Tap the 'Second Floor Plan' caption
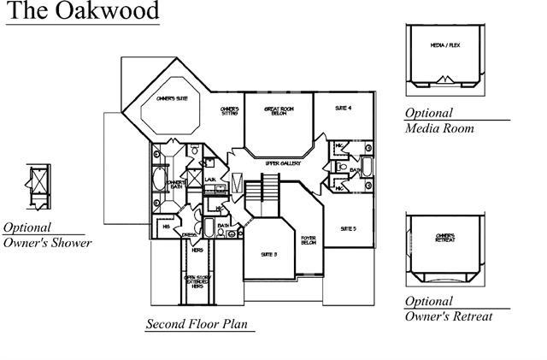pyautogui.click(x=200, y=324)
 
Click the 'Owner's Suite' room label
pyautogui.click(x=171, y=100)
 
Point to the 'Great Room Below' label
pyautogui.click(x=278, y=111)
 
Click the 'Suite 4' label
pyautogui.click(x=344, y=107)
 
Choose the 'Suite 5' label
pyautogui.click(x=348, y=228)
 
